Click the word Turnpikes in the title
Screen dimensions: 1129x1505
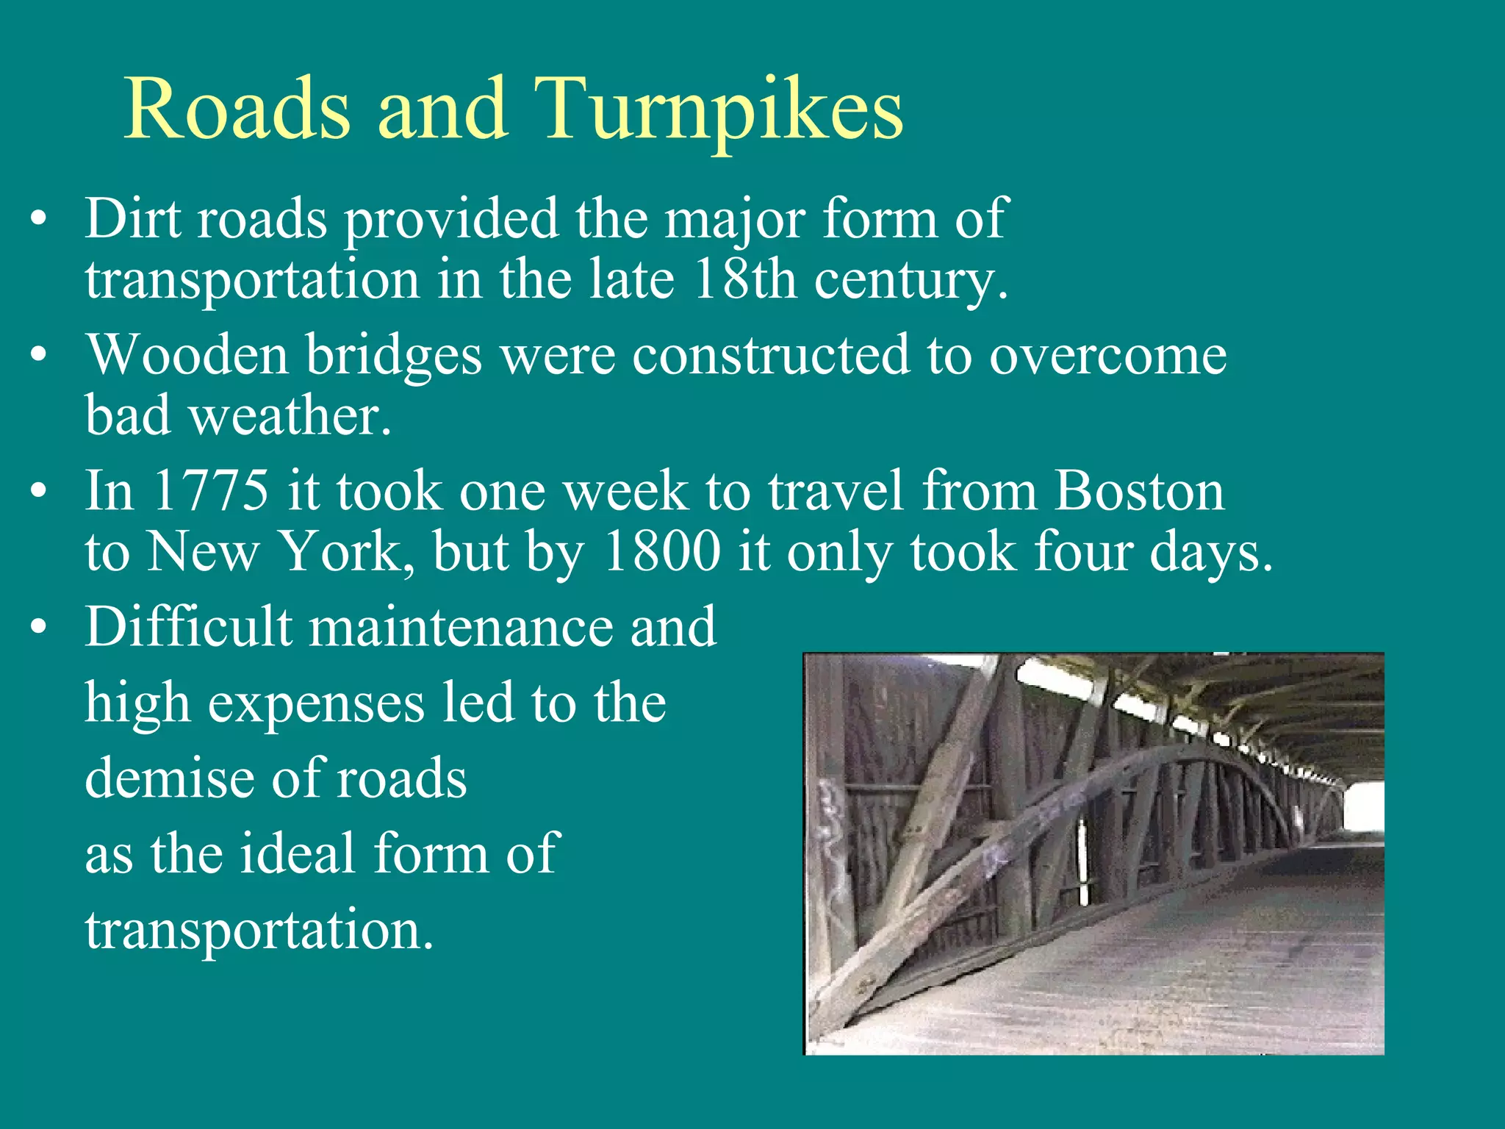tap(718, 110)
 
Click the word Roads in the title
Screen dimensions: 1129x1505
tap(237, 110)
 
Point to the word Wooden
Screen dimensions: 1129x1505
tap(187, 355)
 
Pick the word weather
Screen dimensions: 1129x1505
tap(290, 416)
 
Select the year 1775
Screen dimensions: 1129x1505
tap(211, 491)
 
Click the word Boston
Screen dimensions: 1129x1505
tap(1139, 491)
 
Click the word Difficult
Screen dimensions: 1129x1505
tap(188, 627)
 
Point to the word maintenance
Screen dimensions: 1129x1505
tap(461, 627)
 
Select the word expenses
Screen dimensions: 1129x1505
tap(316, 704)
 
